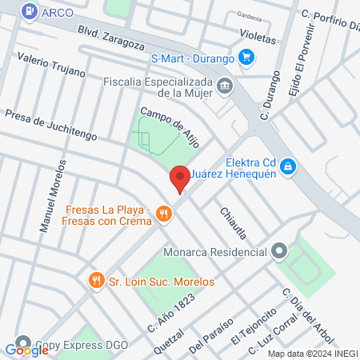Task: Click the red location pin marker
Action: [x=179, y=178]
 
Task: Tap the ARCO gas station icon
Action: [x=29, y=11]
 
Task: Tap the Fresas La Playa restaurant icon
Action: [x=164, y=213]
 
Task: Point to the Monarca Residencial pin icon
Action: [x=279, y=251]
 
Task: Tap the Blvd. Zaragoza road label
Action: [x=110, y=35]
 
